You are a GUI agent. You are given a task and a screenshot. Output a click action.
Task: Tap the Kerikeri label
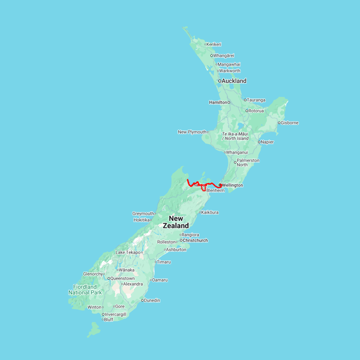click(214, 44)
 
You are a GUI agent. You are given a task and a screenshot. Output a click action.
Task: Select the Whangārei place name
click(224, 56)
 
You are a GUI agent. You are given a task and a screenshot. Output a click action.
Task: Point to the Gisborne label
click(290, 123)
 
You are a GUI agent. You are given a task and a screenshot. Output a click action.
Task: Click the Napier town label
click(268, 142)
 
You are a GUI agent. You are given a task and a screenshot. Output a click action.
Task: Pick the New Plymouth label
click(192, 132)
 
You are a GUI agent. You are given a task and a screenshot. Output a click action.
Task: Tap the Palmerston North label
click(248, 162)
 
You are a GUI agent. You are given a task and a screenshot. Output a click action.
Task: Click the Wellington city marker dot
click(220, 185)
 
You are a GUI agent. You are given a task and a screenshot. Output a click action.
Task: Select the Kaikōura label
click(210, 212)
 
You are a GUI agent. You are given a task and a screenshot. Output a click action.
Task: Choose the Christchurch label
click(195, 240)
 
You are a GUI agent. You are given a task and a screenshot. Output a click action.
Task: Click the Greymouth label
click(143, 214)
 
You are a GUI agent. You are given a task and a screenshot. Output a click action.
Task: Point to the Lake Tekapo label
click(128, 252)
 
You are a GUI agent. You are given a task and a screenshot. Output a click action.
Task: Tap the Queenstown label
click(122, 278)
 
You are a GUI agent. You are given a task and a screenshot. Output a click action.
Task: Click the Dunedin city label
click(152, 300)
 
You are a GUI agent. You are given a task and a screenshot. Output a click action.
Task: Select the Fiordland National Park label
click(85, 290)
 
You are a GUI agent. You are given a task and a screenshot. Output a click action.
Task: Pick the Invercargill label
click(116, 314)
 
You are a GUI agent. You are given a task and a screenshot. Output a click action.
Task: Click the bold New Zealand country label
click(176, 222)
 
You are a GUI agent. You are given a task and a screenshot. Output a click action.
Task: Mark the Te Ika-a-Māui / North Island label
click(235, 136)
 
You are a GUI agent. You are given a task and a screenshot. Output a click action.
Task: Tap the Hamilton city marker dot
click(229, 102)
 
